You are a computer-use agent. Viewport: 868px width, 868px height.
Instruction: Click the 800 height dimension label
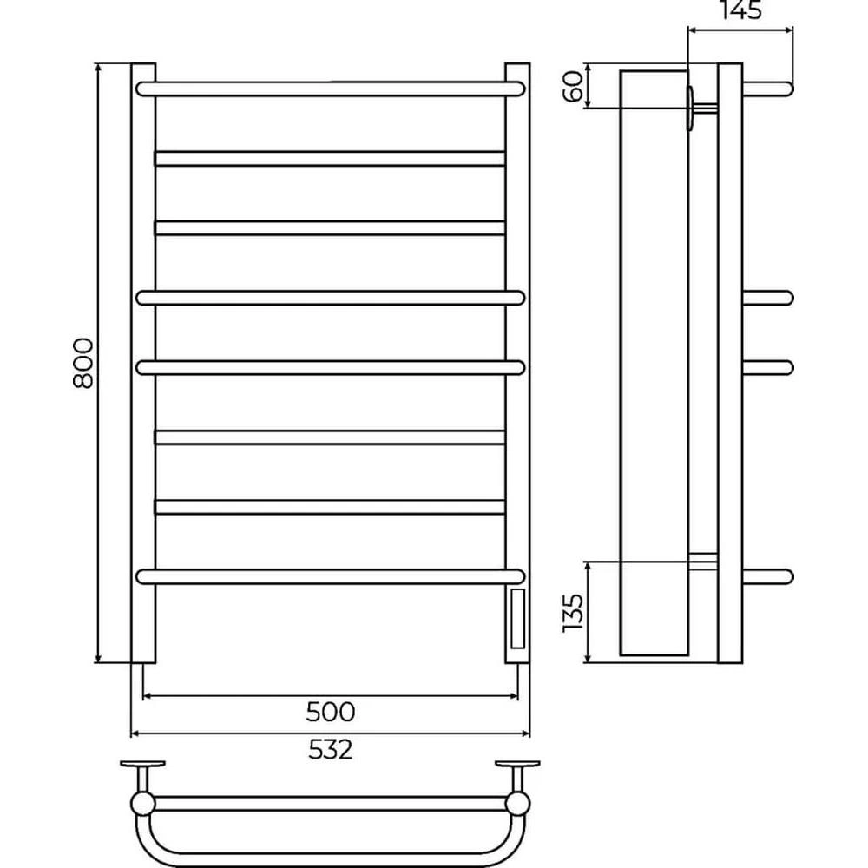tap(83, 363)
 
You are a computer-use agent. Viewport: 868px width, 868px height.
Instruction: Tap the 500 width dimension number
tap(330, 712)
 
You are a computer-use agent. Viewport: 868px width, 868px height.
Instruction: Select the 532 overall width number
tap(330, 750)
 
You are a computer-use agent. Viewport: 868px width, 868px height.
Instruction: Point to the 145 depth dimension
tap(741, 10)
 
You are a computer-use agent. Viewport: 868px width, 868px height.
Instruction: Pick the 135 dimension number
tap(572, 614)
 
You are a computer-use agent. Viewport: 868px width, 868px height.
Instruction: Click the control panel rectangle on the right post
tap(517, 619)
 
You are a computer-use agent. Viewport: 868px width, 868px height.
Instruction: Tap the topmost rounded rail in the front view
tap(330, 89)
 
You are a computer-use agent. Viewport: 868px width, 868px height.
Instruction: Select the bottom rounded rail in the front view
tap(330, 577)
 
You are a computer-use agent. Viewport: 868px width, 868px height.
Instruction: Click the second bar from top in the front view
tap(330, 158)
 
